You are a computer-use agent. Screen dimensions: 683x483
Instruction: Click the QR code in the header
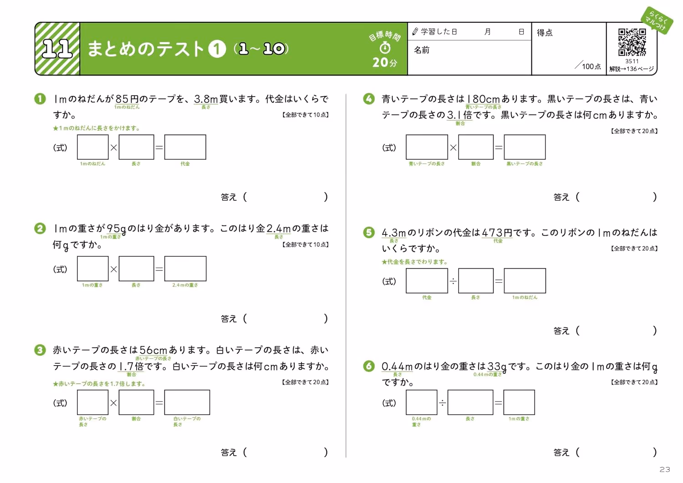point(632,42)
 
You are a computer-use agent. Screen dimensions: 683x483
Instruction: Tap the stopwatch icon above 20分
point(385,48)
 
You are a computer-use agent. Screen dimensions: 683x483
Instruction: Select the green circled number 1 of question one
point(40,99)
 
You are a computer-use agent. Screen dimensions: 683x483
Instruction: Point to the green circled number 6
point(369,366)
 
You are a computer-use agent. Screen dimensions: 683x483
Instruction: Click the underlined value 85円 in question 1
point(127,99)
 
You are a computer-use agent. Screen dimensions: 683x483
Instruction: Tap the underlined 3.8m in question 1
point(206,99)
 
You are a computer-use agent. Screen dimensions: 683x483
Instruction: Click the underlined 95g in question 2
point(116,229)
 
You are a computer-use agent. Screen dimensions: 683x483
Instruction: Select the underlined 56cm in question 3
point(153,350)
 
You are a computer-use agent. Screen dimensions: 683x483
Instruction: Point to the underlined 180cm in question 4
point(483,99)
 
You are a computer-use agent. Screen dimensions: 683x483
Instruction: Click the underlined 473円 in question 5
point(497,233)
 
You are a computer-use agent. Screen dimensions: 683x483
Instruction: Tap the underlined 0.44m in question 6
point(397,366)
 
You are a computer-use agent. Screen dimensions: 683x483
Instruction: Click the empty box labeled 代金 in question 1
point(185,147)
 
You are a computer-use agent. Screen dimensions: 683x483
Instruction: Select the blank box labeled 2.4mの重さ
point(185,268)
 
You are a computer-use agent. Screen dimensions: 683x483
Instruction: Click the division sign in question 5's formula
point(453,281)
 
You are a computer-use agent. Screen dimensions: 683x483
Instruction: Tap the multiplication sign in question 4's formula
point(453,147)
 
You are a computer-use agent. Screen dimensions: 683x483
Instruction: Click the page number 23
point(665,469)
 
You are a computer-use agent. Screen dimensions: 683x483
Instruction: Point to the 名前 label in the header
point(422,50)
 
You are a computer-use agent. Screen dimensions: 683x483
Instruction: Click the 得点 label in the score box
point(545,33)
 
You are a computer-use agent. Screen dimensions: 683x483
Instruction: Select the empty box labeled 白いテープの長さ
point(187,402)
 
